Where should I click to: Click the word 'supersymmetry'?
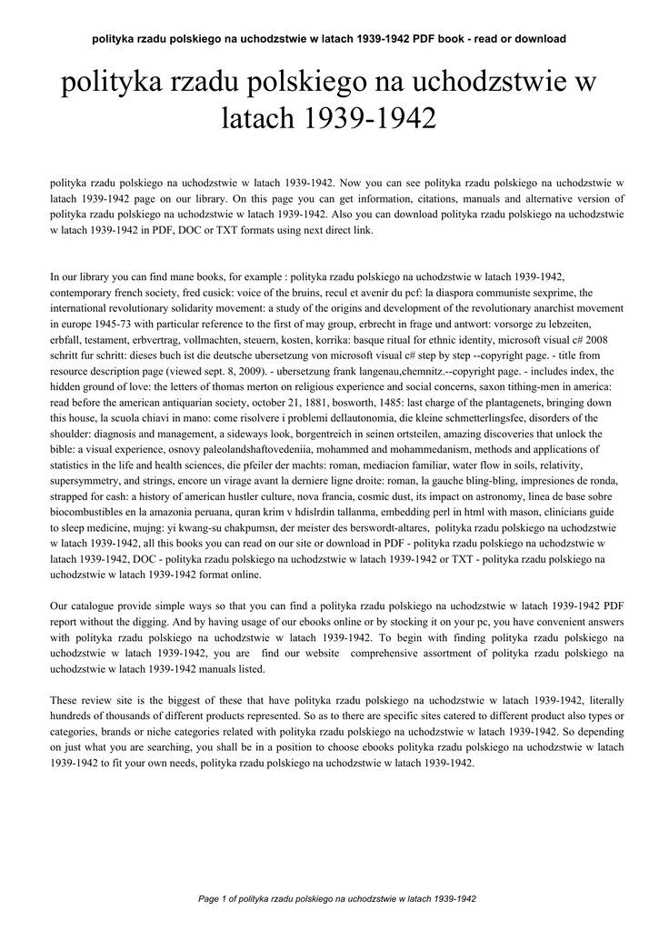click(85, 482)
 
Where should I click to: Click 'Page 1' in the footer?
click(211, 899)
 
